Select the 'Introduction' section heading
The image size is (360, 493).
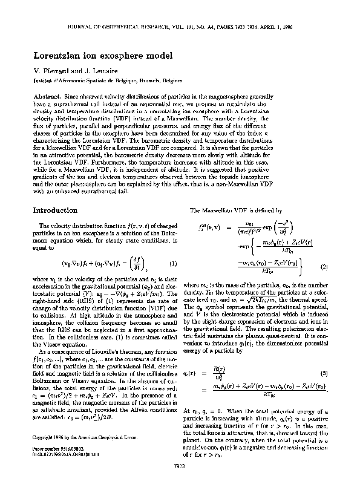coord(55,210)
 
